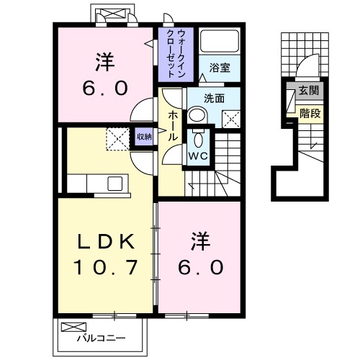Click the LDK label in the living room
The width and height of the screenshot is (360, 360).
(105, 241)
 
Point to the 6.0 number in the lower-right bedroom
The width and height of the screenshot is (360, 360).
(201, 267)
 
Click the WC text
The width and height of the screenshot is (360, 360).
(198, 155)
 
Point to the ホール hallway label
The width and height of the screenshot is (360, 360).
(173, 125)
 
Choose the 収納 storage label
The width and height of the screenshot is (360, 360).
(144, 136)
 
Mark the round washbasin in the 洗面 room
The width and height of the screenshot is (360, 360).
(197, 114)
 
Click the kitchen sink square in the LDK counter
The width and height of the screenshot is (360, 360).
(116, 183)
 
